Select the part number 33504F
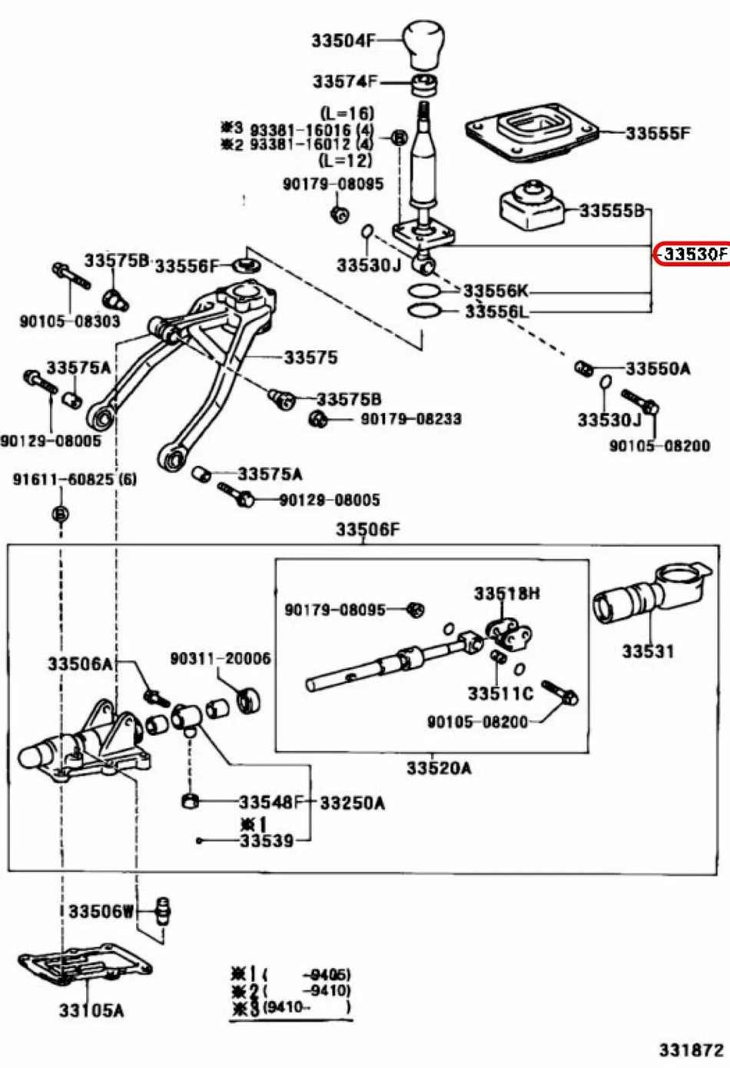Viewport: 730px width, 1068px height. pyautogui.click(x=343, y=41)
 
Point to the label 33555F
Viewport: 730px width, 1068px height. pyautogui.click(x=658, y=133)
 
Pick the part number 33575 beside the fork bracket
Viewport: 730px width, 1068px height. pyautogui.click(x=310, y=357)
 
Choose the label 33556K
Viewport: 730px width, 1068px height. pyautogui.click(x=496, y=291)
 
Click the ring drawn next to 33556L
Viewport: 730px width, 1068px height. pyautogui.click(x=423, y=311)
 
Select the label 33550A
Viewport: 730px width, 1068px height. pyautogui.click(x=658, y=368)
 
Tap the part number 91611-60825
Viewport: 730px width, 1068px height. pyautogui.click(x=75, y=479)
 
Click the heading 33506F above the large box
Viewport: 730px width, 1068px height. pyautogui.click(x=368, y=529)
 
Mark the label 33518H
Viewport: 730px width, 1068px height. pyautogui.click(x=507, y=594)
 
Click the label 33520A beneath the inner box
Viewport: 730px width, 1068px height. pyautogui.click(x=439, y=768)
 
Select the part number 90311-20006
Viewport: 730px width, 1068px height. pyautogui.click(x=220, y=658)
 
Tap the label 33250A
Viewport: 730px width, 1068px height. pyautogui.click(x=352, y=803)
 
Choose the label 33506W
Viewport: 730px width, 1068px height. pyautogui.click(x=102, y=912)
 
